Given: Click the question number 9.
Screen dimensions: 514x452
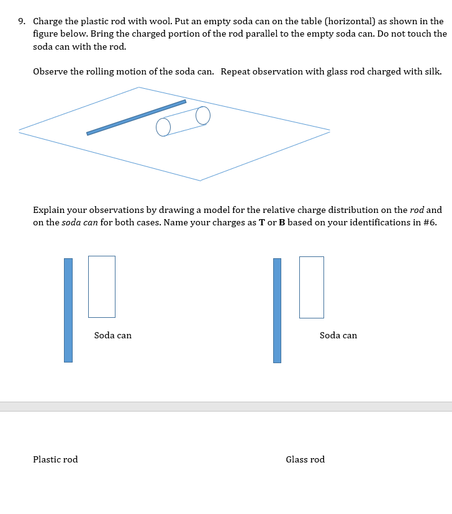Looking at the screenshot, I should click(x=21, y=21).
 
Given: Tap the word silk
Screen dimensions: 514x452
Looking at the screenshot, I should click(x=433, y=71).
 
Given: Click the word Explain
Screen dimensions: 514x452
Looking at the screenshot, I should click(x=48, y=210).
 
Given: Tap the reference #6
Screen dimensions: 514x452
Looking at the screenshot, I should click(x=429, y=222).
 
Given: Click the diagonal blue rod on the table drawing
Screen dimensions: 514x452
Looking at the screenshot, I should click(x=136, y=117).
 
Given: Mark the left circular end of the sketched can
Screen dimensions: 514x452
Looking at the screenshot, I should click(x=163, y=127).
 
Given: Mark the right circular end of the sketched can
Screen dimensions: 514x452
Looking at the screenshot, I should click(x=203, y=115).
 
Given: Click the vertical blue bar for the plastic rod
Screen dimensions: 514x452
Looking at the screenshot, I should click(x=68, y=310).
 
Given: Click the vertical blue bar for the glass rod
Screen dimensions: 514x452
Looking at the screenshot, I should click(x=277, y=310).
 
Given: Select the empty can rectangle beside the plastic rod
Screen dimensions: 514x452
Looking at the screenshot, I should click(x=102, y=286).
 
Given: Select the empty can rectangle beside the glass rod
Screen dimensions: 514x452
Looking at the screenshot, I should click(x=311, y=287).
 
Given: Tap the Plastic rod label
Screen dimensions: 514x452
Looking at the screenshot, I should click(x=55, y=459).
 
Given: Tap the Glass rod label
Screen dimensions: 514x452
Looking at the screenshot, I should click(x=305, y=459).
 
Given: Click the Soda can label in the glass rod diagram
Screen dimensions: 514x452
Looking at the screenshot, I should click(x=338, y=335).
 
